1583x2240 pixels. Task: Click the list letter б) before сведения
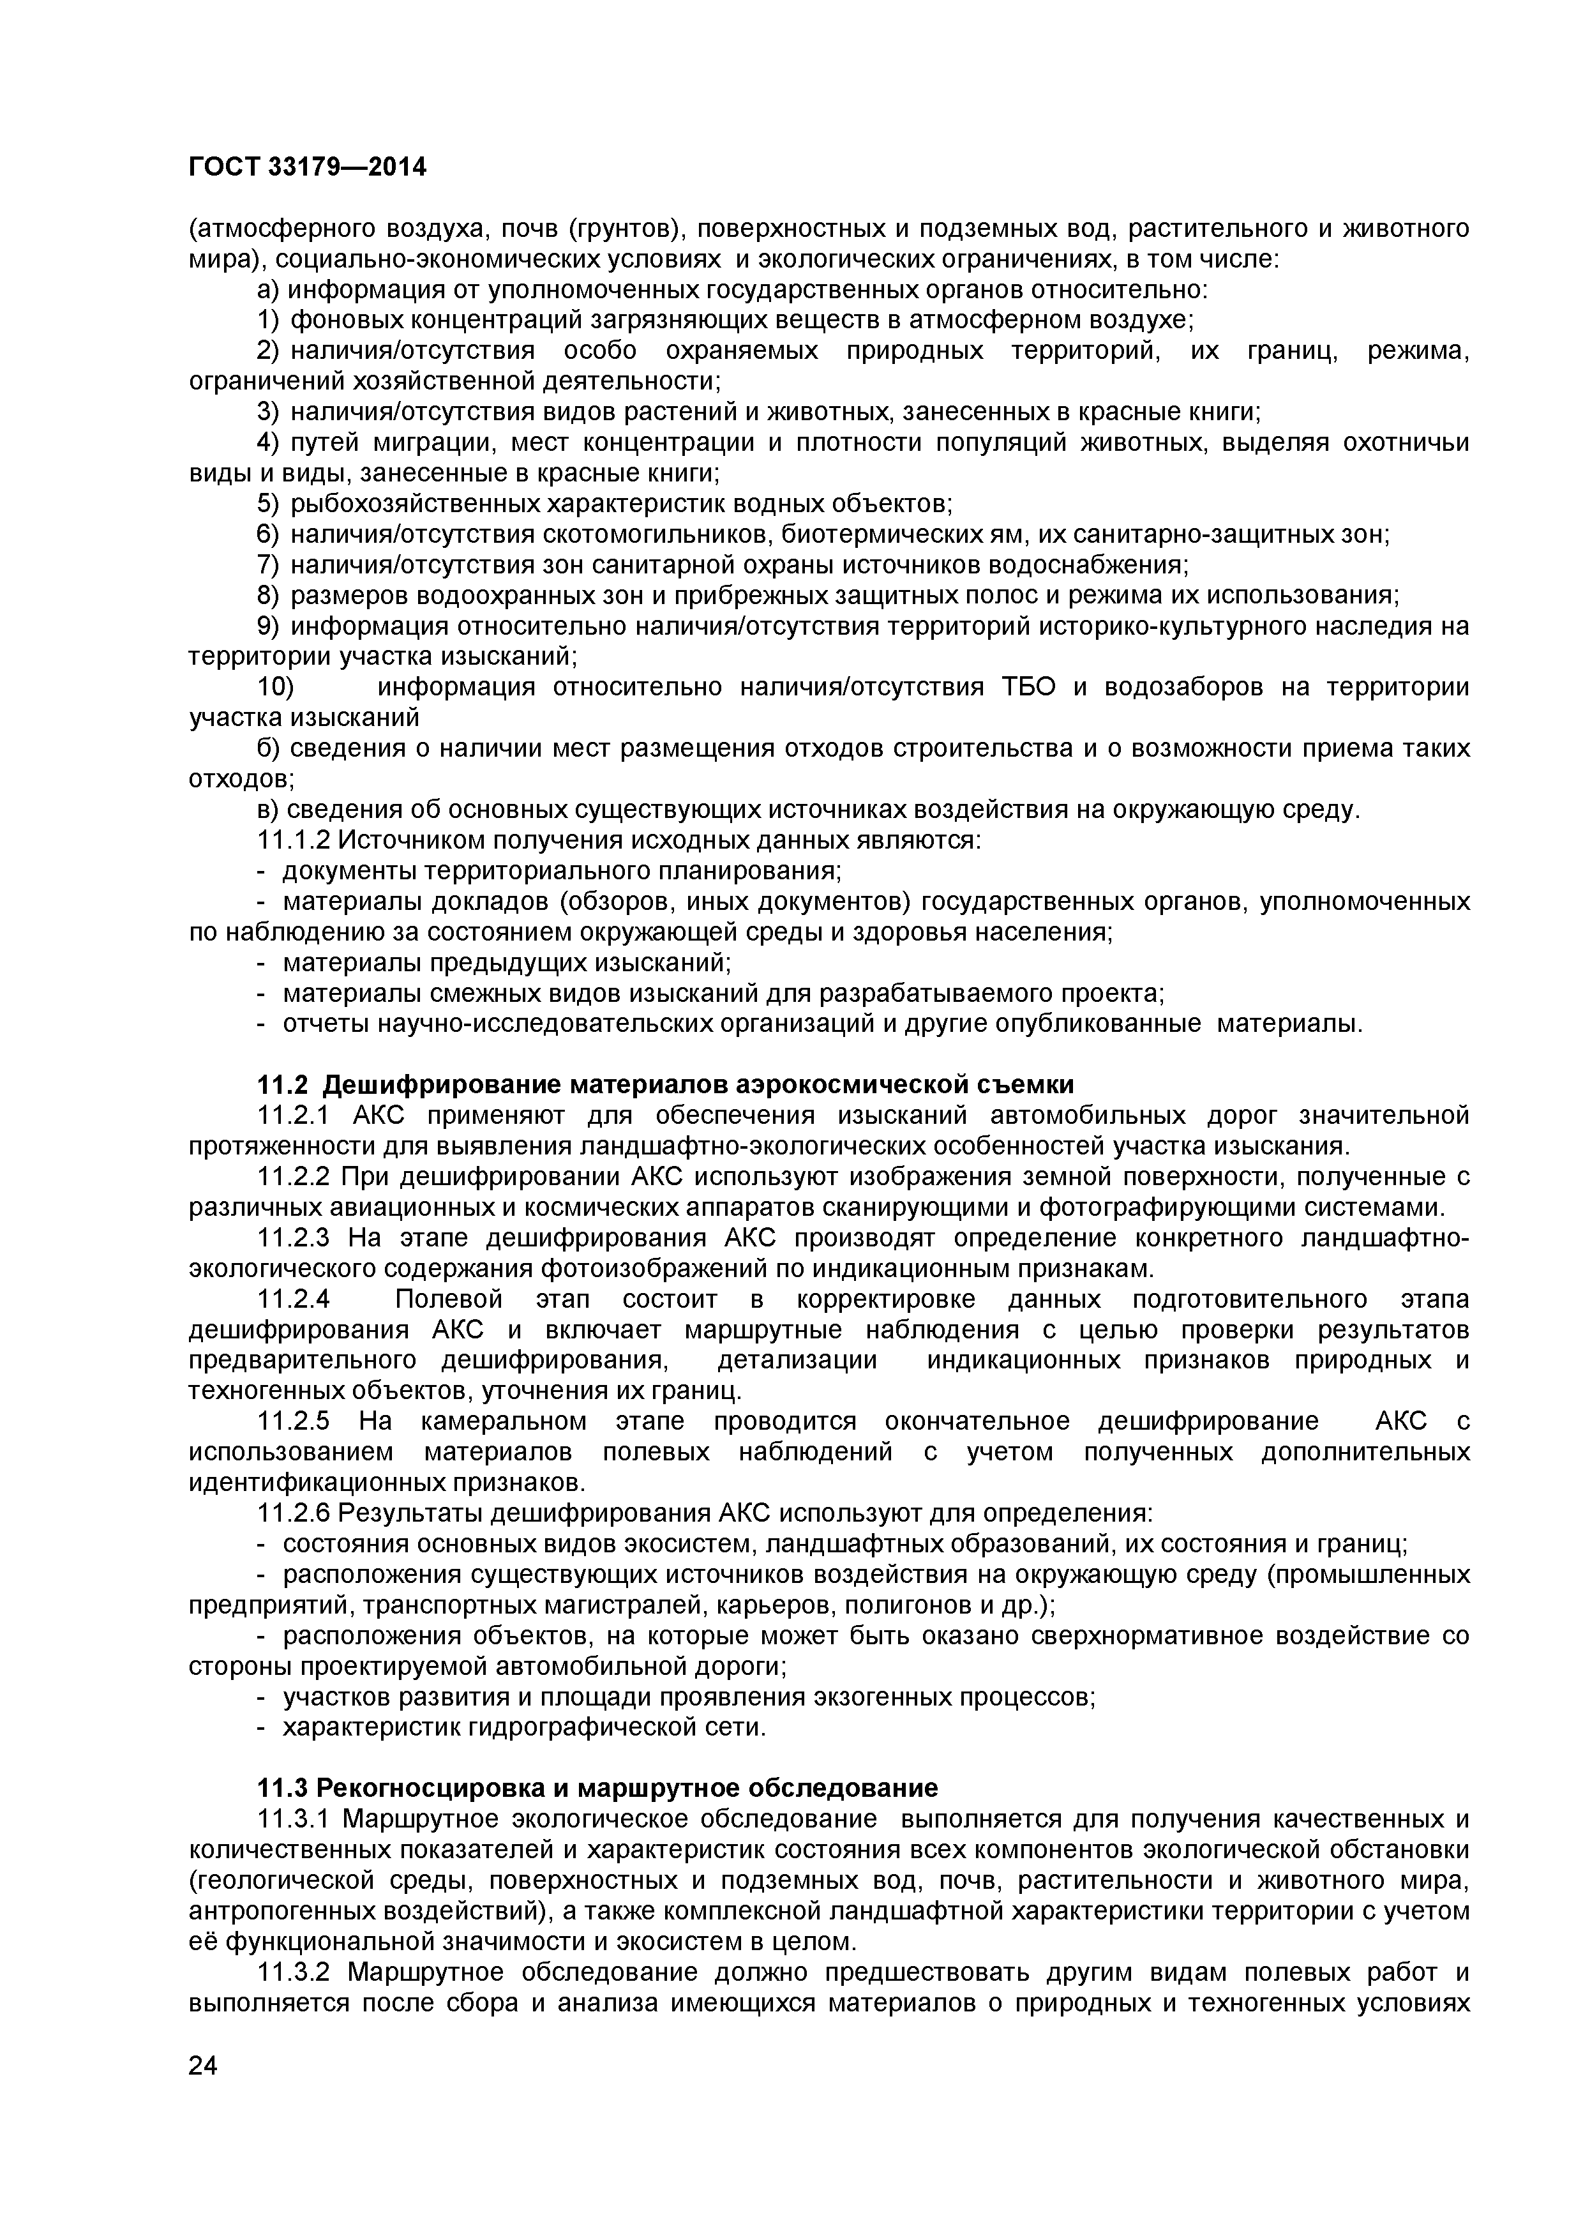(x=269, y=748)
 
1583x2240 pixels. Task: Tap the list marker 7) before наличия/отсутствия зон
(x=269, y=565)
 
